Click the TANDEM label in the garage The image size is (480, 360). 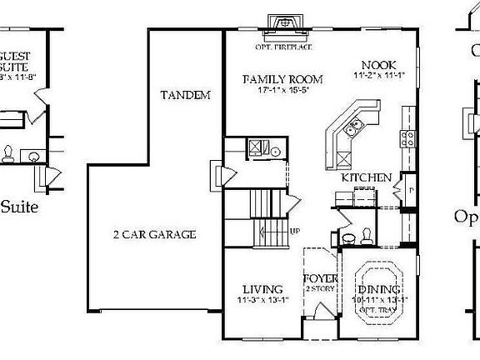coord(185,96)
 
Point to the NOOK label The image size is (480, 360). coord(378,64)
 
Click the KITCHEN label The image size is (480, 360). coord(366,178)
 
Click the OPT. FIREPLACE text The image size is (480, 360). coord(282,35)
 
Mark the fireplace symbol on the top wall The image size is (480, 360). coord(282,22)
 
